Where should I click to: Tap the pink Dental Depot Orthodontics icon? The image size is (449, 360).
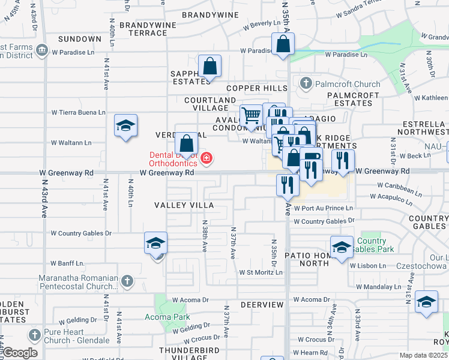point(206,158)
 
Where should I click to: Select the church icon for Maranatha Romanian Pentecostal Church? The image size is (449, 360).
point(127,281)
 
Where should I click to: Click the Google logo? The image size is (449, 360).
point(20,353)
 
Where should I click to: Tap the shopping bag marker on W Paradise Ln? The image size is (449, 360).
point(282,44)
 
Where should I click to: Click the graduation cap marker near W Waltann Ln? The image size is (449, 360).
point(126,125)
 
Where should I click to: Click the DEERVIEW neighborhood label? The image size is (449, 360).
point(262,305)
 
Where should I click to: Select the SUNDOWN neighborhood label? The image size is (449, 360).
point(80,39)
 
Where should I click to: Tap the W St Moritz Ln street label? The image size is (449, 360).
point(261,272)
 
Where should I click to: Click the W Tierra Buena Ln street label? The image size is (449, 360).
point(78,112)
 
